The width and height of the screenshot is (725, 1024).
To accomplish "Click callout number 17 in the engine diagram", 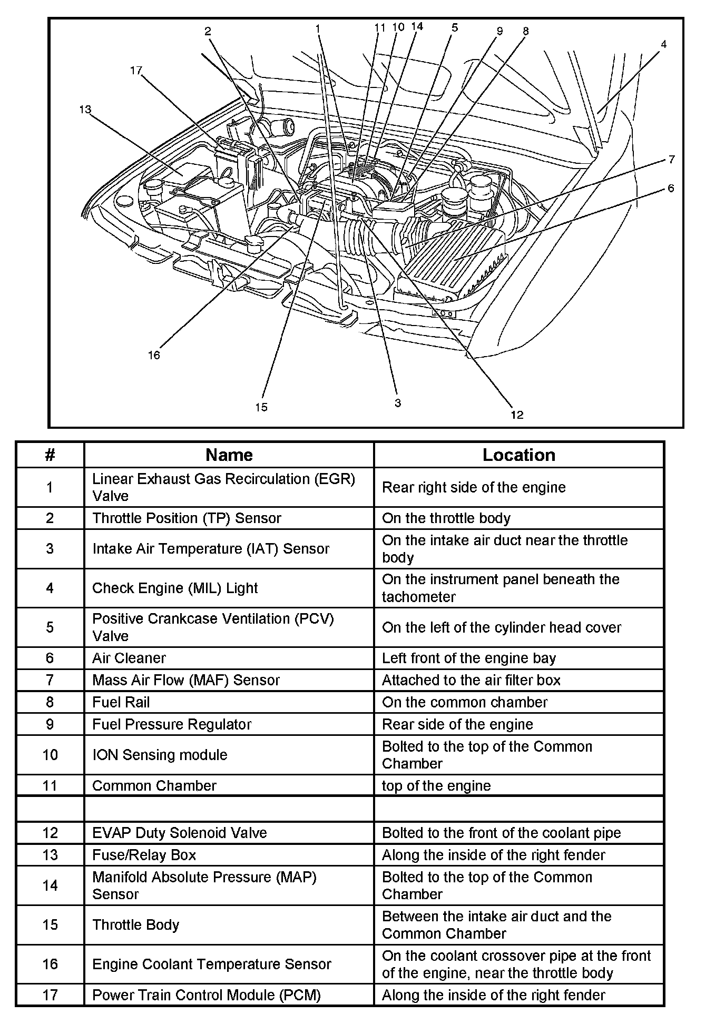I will [136, 71].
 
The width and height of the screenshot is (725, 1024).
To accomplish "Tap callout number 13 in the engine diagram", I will [85, 110].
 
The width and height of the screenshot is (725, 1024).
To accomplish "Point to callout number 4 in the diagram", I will [663, 45].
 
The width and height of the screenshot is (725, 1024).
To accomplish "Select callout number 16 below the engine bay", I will [153, 355].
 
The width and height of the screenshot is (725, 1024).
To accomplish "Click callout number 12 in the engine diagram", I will [517, 415].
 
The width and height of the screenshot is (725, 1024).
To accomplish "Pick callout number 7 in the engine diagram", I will [671, 159].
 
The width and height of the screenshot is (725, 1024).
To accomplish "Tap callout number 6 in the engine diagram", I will [670, 188].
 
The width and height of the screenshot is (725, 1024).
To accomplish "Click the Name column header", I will [229, 455].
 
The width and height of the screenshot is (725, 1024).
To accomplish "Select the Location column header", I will [518, 455].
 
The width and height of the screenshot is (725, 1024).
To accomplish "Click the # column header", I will [50, 455].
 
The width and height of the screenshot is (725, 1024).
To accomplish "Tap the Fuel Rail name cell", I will [121, 702].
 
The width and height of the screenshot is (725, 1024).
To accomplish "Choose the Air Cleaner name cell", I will [129, 658].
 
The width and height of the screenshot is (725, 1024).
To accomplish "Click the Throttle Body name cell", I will [136, 924].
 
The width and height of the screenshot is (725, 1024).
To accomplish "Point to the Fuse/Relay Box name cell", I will [144, 855].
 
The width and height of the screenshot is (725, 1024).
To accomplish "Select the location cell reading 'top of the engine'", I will [436, 785].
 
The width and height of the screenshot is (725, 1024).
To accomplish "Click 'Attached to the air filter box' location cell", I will [471, 680].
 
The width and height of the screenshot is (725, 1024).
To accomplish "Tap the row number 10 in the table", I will [50, 755].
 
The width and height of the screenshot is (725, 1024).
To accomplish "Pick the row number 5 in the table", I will [50, 627].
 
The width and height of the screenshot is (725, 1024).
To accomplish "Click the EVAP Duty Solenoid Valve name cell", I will [180, 833].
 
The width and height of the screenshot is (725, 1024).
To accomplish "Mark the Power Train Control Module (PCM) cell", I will [207, 995].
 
